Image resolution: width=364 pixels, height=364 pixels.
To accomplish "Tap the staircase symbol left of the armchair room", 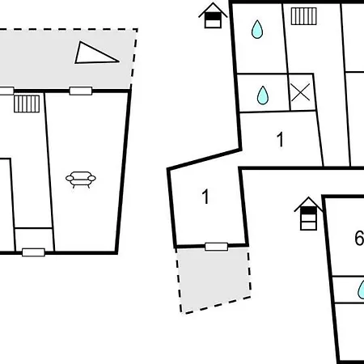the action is coord(27,104).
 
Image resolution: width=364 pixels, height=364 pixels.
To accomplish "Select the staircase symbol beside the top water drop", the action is coord(303,16).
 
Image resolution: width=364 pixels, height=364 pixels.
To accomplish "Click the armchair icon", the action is coord(81,180).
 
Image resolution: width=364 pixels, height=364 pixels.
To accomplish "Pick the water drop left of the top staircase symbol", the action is coord(257,29).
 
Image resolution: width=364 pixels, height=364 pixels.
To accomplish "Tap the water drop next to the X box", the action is coord(263,95).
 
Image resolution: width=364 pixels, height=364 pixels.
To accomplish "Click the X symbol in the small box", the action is coord(300,92).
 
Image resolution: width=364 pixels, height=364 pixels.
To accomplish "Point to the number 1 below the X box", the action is coord(281,139).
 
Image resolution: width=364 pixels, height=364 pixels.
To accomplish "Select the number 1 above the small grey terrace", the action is coord(205,197).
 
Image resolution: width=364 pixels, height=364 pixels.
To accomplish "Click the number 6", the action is coord(359,238).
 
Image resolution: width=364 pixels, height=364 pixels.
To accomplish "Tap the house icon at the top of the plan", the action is coord(213,15).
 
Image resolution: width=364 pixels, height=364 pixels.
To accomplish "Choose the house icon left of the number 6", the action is coord(308,214).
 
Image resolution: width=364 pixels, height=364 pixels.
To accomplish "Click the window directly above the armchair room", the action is coord(81,91).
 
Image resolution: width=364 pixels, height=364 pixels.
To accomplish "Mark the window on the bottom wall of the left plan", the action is coord(33,252).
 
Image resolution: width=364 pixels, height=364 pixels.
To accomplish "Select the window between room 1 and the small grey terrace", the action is coord(216,247).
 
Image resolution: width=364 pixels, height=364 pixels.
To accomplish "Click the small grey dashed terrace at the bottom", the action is coord(214,279).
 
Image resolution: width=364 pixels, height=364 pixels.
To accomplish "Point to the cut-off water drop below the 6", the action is coord(361,290).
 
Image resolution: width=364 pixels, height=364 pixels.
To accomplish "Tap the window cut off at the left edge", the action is coord(6,91).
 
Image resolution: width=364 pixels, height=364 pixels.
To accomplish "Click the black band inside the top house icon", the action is coord(213,17).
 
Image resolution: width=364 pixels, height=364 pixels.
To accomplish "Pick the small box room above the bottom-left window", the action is coord(34,239).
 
